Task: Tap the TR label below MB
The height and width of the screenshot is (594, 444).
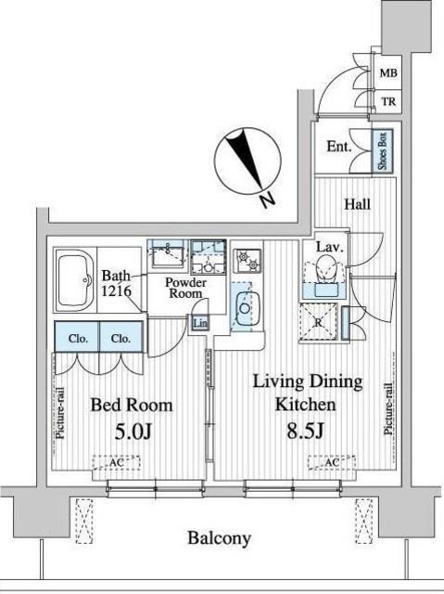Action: [388, 101]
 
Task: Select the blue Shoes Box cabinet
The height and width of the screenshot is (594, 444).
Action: [380, 149]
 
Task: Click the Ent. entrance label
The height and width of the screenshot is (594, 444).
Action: [338, 147]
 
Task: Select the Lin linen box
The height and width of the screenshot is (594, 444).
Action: [200, 323]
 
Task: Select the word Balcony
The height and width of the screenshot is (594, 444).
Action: [220, 538]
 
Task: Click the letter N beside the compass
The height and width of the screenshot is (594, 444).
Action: [266, 199]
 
